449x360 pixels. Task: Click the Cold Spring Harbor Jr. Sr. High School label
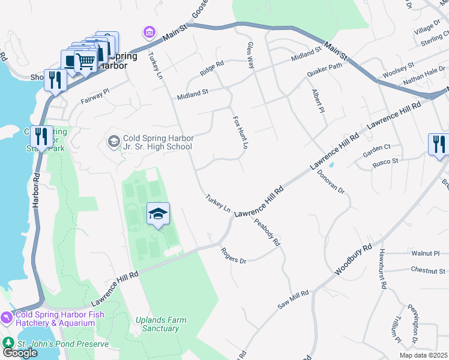coord(158,142)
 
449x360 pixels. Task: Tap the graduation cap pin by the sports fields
coord(158,214)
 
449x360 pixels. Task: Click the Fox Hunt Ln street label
coord(240,133)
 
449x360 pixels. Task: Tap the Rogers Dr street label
coord(234,256)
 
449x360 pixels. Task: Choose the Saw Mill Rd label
coord(293,299)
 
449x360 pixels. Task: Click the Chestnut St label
coord(428,271)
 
